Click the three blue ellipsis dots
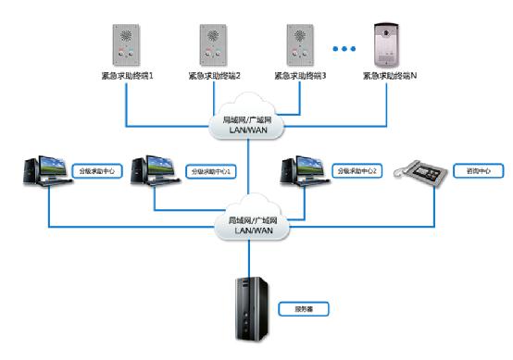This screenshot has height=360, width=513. pos(344,48)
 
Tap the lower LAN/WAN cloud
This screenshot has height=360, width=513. pos(247,226)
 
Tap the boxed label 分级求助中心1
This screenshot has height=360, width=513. pos(211,172)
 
